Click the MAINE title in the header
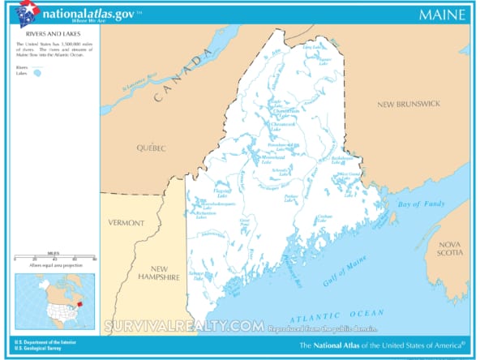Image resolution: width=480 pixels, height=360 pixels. click(442, 15)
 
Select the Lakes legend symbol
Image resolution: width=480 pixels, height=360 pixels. click(37, 73)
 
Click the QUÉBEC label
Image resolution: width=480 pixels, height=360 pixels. click(152, 148)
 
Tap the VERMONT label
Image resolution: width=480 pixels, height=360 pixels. click(126, 223)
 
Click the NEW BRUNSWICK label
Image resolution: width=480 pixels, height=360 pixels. click(408, 105)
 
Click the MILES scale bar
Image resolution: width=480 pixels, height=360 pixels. click(54, 259)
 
